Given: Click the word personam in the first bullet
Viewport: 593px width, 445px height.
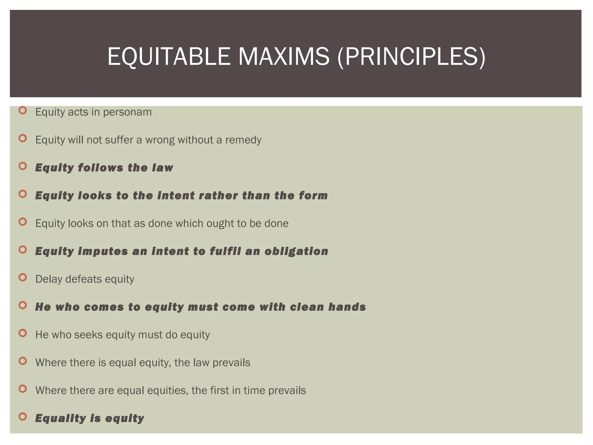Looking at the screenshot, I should [127, 112].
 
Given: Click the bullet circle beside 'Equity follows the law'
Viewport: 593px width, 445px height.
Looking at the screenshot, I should [23, 166].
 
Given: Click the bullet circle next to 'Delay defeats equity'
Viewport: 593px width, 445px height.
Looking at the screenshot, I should [23, 278].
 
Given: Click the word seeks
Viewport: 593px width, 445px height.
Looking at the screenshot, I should [88, 335].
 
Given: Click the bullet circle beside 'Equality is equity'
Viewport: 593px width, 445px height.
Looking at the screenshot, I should [23, 417].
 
